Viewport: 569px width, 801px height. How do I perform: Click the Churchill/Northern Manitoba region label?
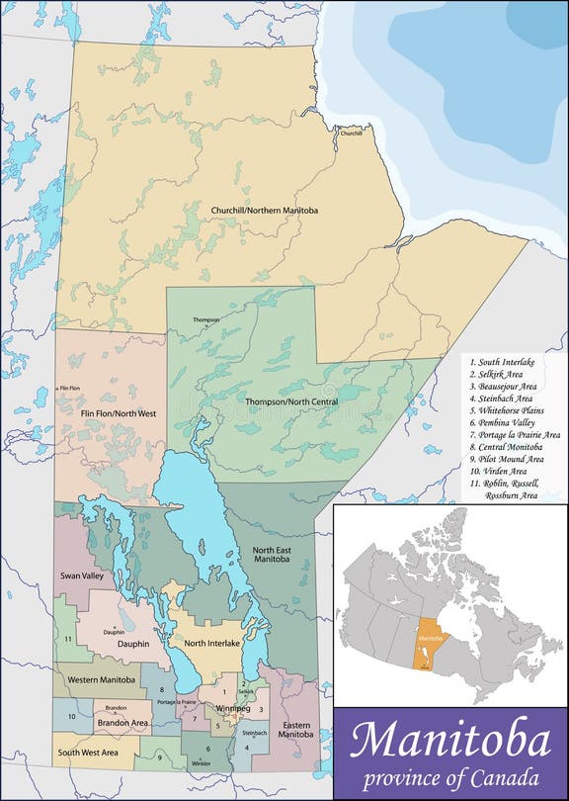pyautogui.click(x=264, y=211)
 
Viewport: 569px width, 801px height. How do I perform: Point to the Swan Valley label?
pyautogui.click(x=81, y=575)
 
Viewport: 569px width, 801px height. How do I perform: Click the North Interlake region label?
pyautogui.click(x=211, y=643)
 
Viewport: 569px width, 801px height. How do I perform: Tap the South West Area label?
pyautogui.click(x=88, y=753)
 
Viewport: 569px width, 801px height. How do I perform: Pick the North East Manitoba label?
pyautogui.click(x=271, y=555)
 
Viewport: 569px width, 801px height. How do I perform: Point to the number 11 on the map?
pyautogui.click(x=68, y=640)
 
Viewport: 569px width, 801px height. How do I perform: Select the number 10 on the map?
pyautogui.click(x=72, y=715)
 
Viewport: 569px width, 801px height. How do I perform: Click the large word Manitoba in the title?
pyautogui.click(x=449, y=740)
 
